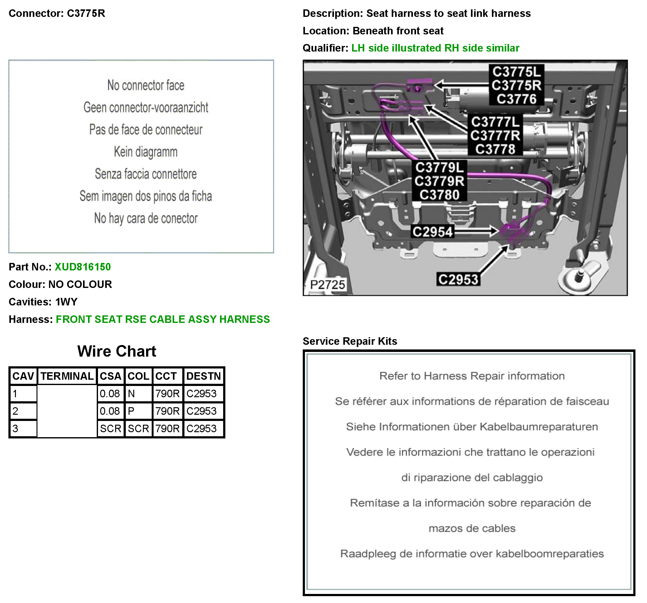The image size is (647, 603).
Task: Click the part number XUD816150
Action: pos(83,267)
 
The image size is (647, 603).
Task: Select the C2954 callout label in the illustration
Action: pos(433,232)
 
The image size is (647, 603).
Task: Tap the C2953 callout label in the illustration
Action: pos(458,279)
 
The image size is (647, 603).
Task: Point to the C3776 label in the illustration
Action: pos(516,99)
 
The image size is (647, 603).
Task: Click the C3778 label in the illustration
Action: pos(495,149)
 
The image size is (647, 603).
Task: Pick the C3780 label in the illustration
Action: pos(439,195)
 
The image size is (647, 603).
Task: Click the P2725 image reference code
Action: pos(327,284)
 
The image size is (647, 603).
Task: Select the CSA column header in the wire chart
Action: pos(110,376)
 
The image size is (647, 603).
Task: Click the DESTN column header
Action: pos(203,376)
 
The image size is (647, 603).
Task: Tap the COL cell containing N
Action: pos(138,394)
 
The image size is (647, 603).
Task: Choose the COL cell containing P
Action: pos(138,411)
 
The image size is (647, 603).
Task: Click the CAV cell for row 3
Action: pos(23,428)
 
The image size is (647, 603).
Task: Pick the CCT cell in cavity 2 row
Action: pos(167,411)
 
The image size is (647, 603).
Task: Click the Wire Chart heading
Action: pos(116,351)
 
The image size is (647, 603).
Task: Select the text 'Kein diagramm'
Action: pos(145,152)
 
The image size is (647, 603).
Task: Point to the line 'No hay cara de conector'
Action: pos(145,218)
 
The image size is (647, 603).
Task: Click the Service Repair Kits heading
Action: pos(350,341)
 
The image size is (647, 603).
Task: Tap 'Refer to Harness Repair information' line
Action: pos(472,376)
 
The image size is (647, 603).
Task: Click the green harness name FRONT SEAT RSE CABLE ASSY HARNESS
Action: pos(163,319)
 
